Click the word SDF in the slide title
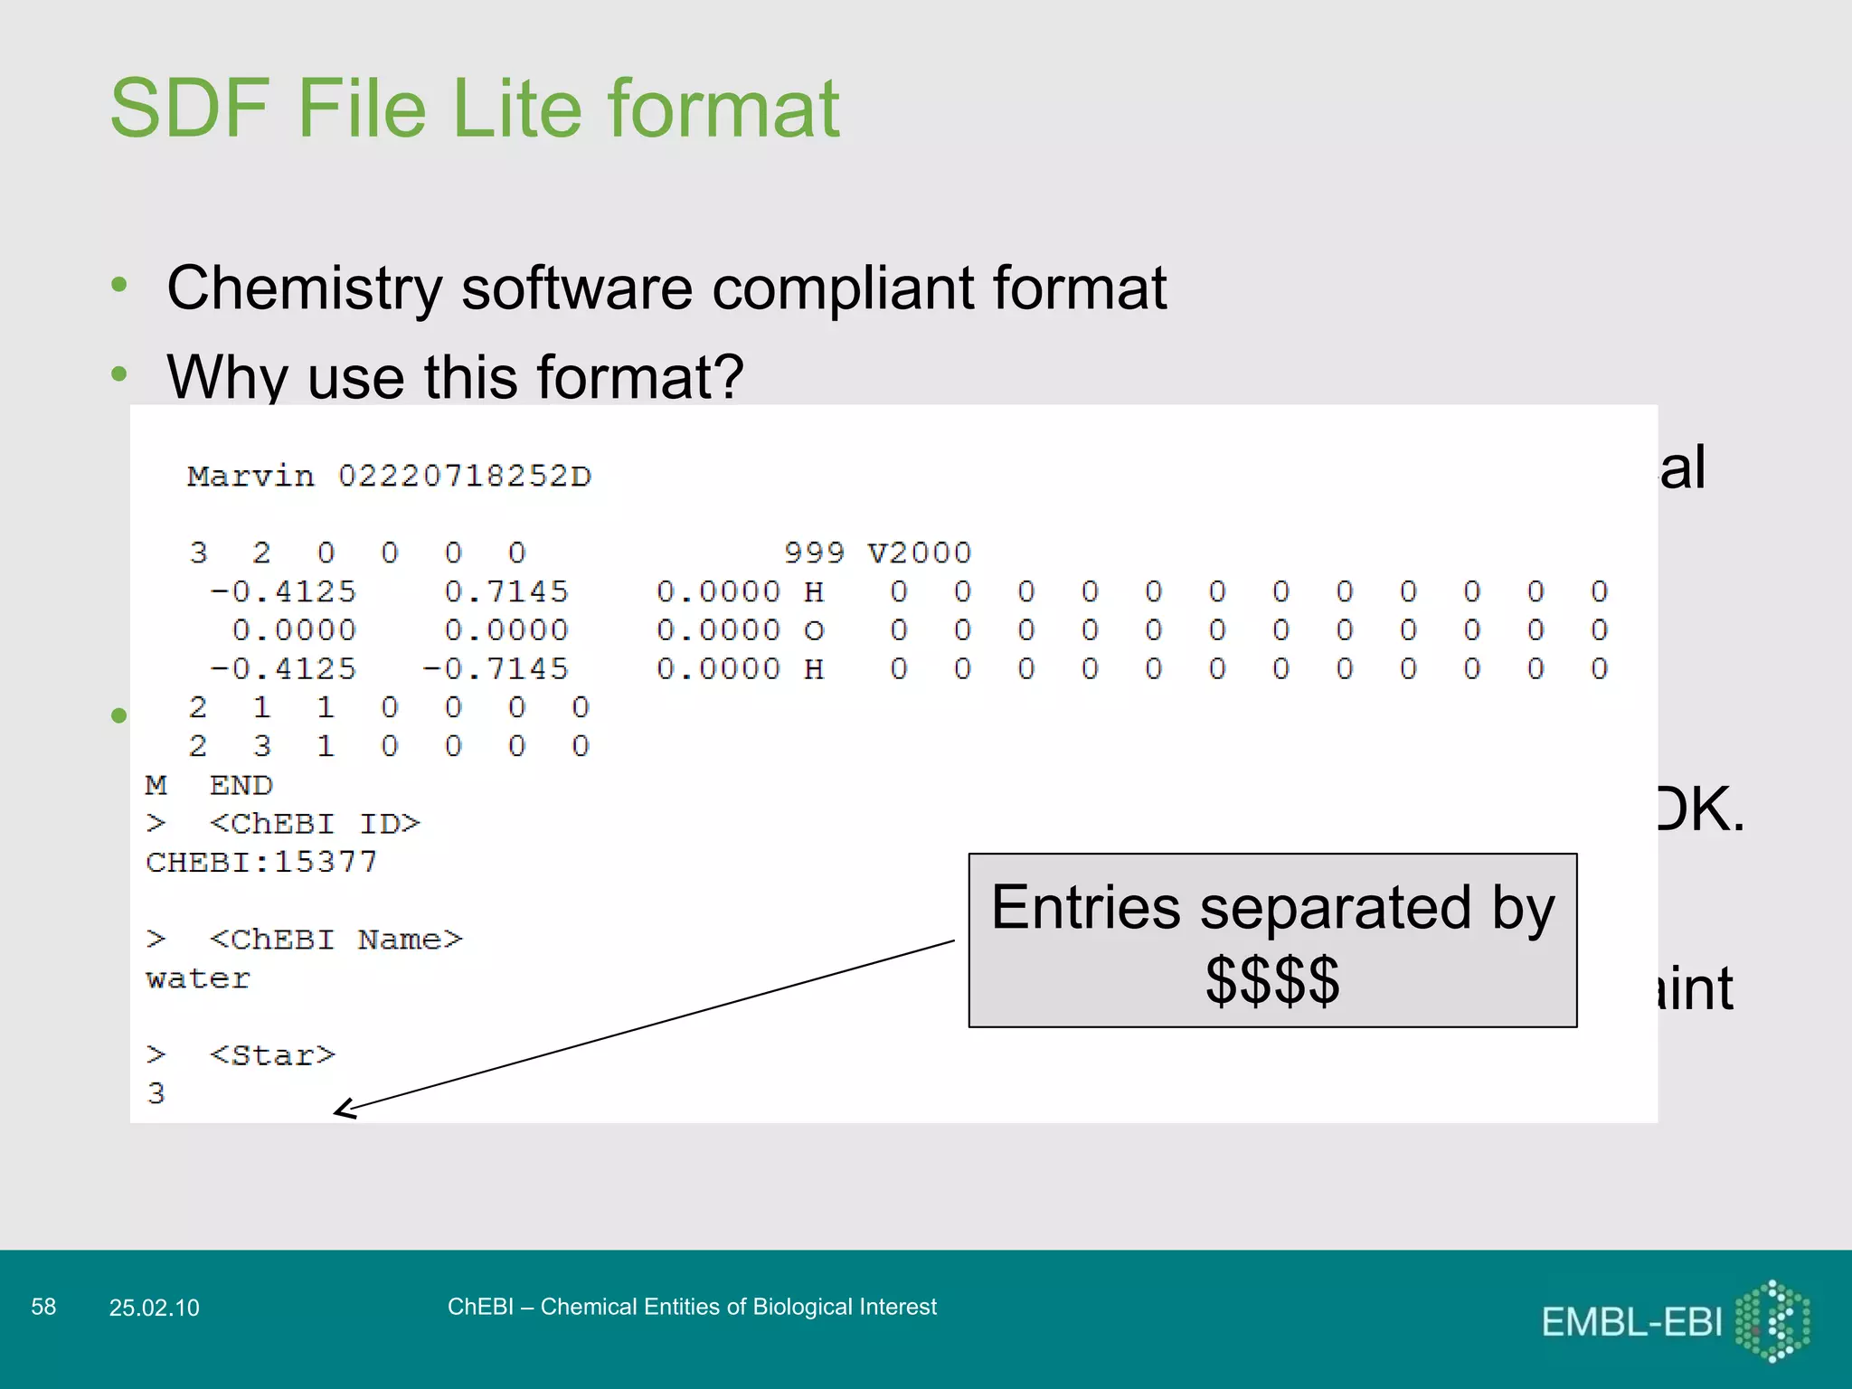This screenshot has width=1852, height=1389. click(x=189, y=109)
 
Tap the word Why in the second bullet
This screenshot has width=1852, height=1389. click(x=227, y=376)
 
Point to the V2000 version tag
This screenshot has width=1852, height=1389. click(x=919, y=553)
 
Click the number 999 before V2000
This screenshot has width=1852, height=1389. click(x=814, y=553)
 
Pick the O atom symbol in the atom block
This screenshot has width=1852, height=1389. click(x=814, y=630)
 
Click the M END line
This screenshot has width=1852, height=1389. click(x=209, y=785)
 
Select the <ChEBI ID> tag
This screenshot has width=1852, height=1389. click(x=315, y=824)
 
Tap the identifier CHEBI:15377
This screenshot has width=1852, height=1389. click(x=261, y=862)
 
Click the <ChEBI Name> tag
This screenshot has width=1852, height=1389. click(x=335, y=940)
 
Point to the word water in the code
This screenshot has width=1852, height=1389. click(x=198, y=978)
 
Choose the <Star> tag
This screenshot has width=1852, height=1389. click(x=272, y=1055)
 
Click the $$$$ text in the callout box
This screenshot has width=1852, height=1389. click(x=1272, y=981)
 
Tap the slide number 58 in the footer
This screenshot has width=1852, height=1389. click(x=43, y=1307)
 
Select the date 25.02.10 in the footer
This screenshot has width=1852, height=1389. click(x=154, y=1308)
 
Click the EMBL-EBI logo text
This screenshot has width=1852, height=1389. click(x=1631, y=1322)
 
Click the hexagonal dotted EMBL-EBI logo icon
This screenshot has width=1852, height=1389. click(x=1773, y=1320)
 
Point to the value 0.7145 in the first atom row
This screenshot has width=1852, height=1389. click(x=506, y=591)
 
